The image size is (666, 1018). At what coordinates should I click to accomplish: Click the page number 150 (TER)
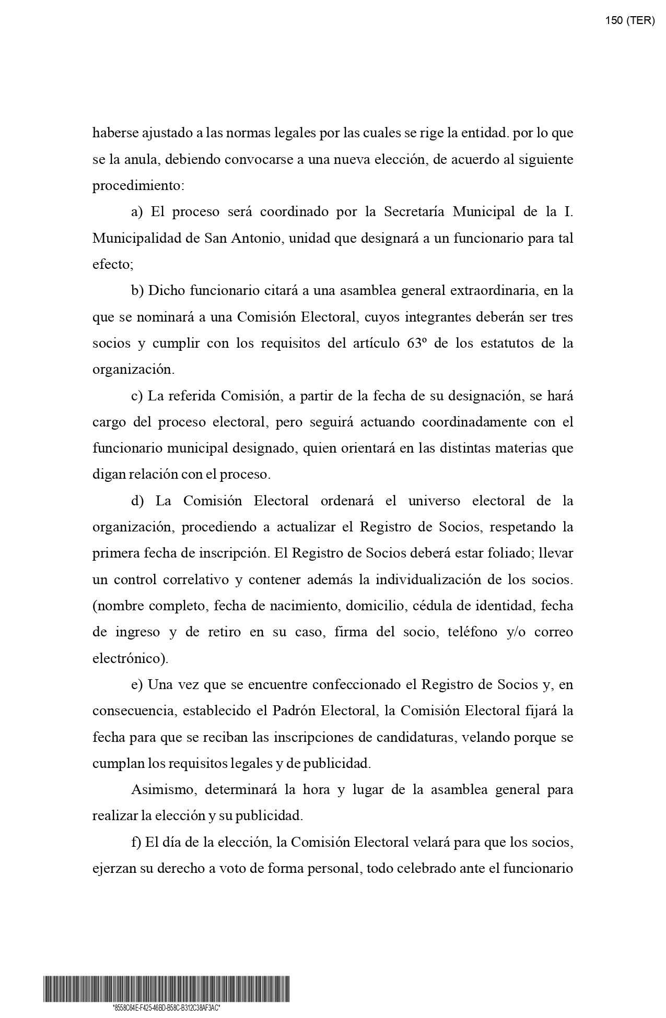629,20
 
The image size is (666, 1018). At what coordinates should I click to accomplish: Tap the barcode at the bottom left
166,989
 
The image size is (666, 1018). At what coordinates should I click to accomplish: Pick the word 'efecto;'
113,265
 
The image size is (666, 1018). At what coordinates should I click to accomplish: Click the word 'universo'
434,501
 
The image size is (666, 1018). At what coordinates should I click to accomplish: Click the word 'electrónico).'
131,659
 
